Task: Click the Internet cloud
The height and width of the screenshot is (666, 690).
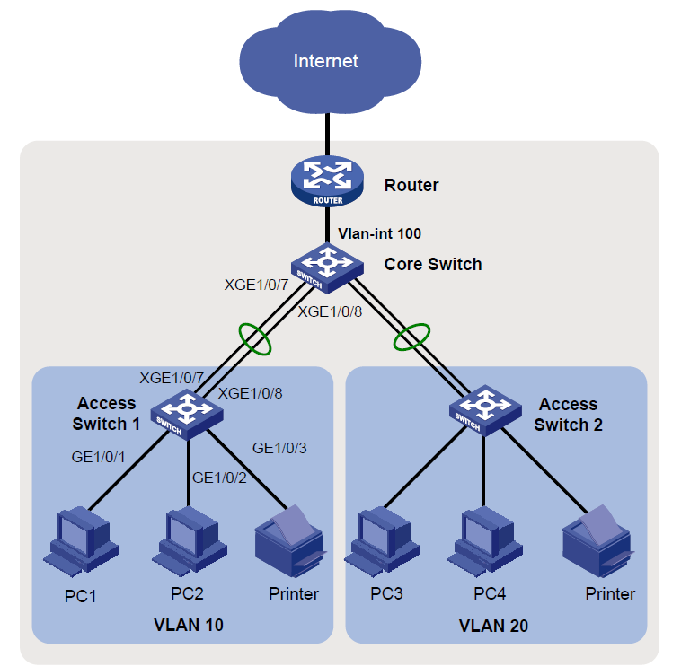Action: [326, 61]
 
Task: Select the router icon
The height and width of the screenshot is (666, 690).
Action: [326, 180]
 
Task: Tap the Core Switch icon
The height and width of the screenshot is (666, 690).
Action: [326, 265]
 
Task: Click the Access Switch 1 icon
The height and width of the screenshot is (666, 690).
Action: [188, 410]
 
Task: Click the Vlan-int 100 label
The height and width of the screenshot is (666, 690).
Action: [379, 233]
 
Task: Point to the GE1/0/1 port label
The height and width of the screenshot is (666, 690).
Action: [99, 456]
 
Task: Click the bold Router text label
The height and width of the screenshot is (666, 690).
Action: [411, 186]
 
